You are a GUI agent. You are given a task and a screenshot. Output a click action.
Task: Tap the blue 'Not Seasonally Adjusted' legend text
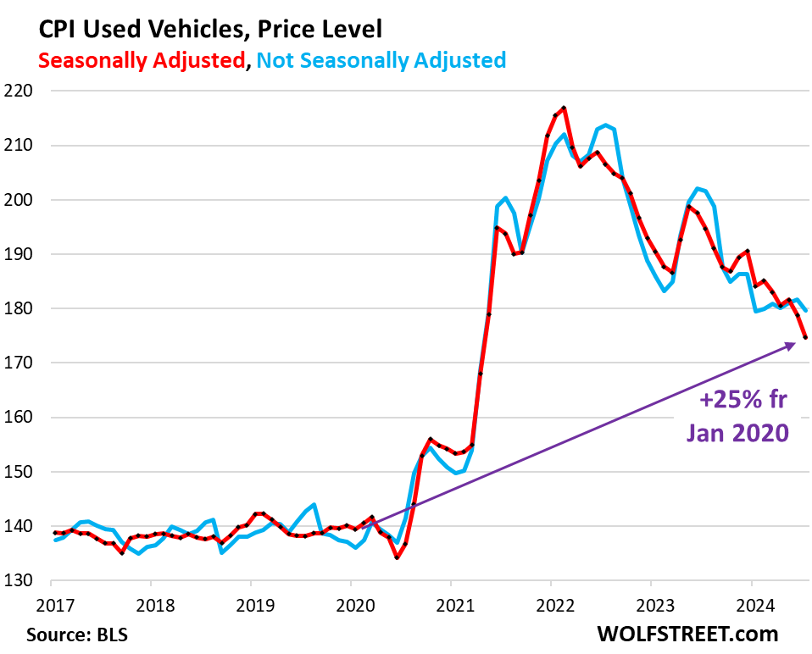[x=381, y=60]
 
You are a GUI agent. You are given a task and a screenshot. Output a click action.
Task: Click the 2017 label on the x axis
[x=51, y=605]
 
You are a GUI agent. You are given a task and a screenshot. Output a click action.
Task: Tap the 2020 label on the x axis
[x=351, y=605]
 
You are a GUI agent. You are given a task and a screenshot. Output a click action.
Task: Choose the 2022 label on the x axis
[x=551, y=605]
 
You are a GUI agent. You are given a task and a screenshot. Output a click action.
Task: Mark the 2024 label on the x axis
[x=751, y=605]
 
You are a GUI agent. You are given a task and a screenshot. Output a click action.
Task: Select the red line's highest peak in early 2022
[x=564, y=108]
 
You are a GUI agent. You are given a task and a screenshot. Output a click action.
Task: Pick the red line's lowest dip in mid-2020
[x=397, y=558]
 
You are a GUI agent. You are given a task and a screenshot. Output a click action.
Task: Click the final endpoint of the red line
[x=805, y=338]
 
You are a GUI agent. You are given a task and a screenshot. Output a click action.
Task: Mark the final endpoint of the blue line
[x=805, y=311]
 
